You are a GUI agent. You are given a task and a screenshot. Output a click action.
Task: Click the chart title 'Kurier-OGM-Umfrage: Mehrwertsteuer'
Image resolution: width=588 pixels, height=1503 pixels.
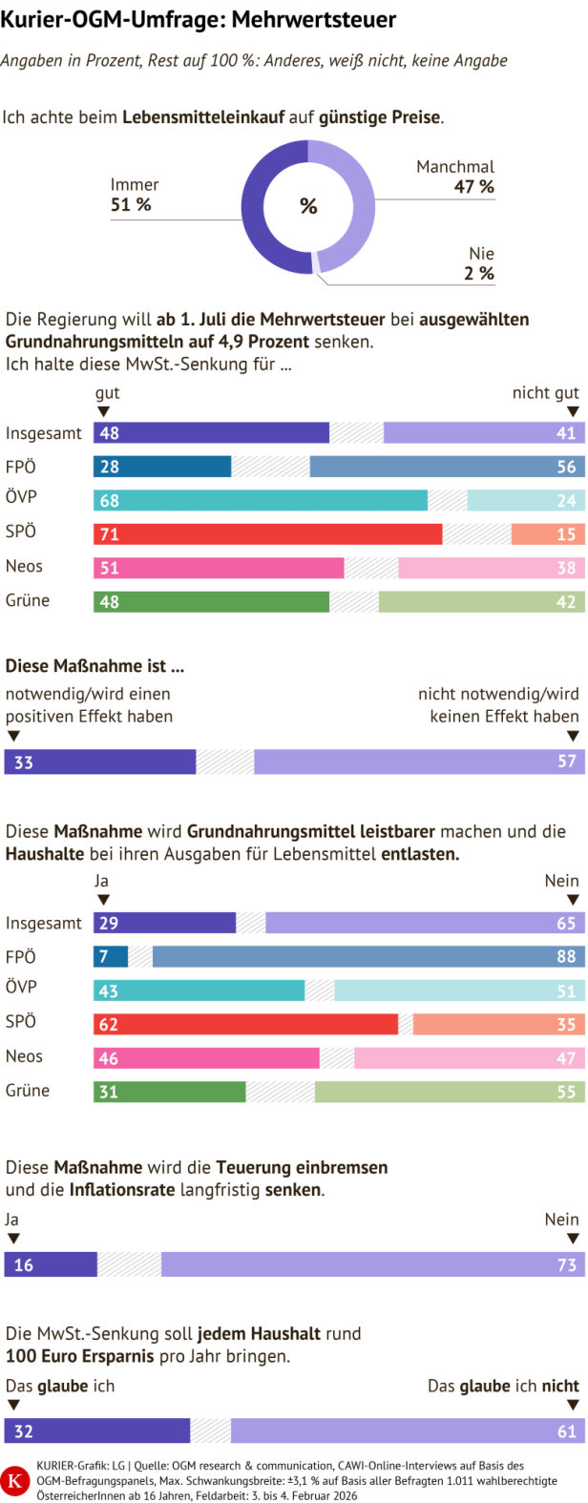pyautogui.click(x=199, y=20)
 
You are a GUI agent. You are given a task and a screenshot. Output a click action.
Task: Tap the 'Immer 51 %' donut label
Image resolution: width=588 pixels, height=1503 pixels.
pyautogui.click(x=134, y=195)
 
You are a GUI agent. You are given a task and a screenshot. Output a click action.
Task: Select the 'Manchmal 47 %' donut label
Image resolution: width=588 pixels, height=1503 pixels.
pyautogui.click(x=455, y=177)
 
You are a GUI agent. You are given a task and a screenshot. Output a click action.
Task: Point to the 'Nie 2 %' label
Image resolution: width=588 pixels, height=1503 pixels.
pyautogui.click(x=480, y=263)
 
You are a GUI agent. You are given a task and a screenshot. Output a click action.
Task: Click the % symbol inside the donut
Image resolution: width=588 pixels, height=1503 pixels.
pyautogui.click(x=308, y=206)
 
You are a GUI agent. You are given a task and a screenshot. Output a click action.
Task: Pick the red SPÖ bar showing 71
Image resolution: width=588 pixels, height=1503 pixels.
pyautogui.click(x=268, y=533)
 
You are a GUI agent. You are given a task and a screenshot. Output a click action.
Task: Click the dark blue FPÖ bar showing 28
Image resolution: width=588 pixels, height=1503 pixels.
pyautogui.click(x=162, y=467)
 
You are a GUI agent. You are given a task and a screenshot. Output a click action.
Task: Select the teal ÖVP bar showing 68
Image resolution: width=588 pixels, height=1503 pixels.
pyautogui.click(x=261, y=501)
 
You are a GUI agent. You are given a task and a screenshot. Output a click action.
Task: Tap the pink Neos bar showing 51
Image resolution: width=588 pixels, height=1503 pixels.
pyautogui.click(x=219, y=569)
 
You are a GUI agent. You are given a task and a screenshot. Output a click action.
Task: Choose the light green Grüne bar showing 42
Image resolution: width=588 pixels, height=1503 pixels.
pyautogui.click(x=481, y=602)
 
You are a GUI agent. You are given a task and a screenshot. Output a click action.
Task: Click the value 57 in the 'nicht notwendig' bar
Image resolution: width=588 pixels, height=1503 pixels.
pyautogui.click(x=567, y=762)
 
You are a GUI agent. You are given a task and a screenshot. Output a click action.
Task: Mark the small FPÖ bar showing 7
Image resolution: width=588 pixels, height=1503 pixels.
pyautogui.click(x=111, y=957)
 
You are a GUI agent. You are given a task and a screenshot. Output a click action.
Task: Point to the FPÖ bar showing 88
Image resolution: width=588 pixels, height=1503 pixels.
pyautogui.click(x=368, y=957)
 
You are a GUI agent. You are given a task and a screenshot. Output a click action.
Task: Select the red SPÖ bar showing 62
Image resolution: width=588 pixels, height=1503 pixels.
pyautogui.click(x=246, y=1025)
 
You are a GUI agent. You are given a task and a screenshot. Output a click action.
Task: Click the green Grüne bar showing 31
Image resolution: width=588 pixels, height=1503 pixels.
pyautogui.click(x=170, y=1092)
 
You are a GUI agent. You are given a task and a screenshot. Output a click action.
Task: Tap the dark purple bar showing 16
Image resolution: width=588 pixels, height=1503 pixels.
pyautogui.click(x=51, y=1265)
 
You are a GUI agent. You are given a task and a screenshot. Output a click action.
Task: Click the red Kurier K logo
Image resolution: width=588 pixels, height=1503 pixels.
pyautogui.click(x=15, y=1481)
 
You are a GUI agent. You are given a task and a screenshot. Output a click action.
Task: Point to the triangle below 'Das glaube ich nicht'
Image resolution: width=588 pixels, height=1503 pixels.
pyautogui.click(x=573, y=1406)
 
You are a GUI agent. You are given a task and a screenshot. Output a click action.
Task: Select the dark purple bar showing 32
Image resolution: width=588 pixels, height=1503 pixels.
pyautogui.click(x=97, y=1431)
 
